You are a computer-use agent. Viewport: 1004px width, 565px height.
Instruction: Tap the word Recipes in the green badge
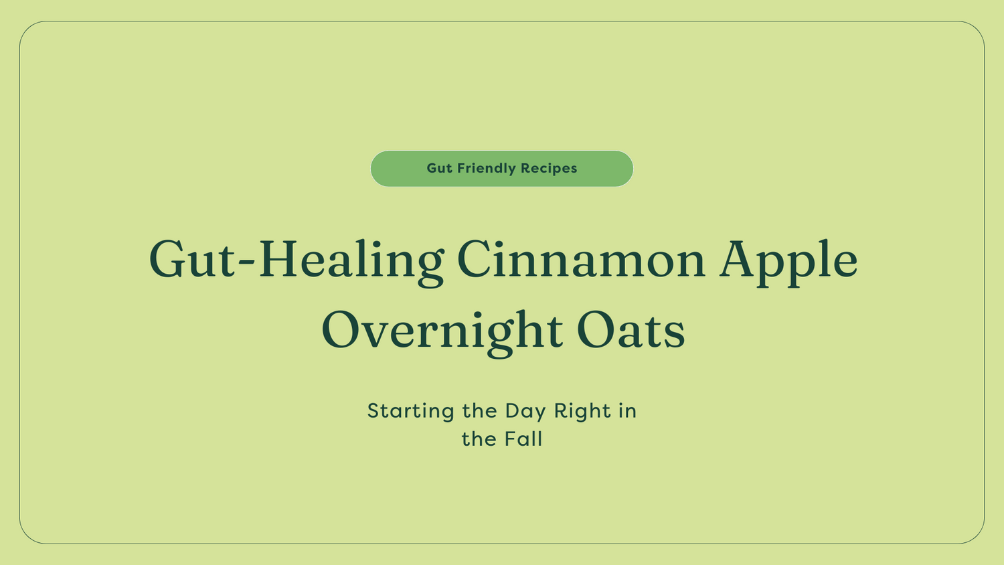[x=549, y=169]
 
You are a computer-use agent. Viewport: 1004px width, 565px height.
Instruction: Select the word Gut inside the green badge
[x=440, y=169]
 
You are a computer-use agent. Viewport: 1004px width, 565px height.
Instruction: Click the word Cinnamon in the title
[x=581, y=260]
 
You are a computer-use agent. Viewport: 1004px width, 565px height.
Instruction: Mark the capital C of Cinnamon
[x=477, y=260]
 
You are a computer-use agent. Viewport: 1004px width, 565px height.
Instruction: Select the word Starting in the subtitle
[x=411, y=411]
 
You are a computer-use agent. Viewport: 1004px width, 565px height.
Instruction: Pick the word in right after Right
[x=627, y=411]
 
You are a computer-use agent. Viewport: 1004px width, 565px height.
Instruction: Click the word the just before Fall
[x=479, y=439]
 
